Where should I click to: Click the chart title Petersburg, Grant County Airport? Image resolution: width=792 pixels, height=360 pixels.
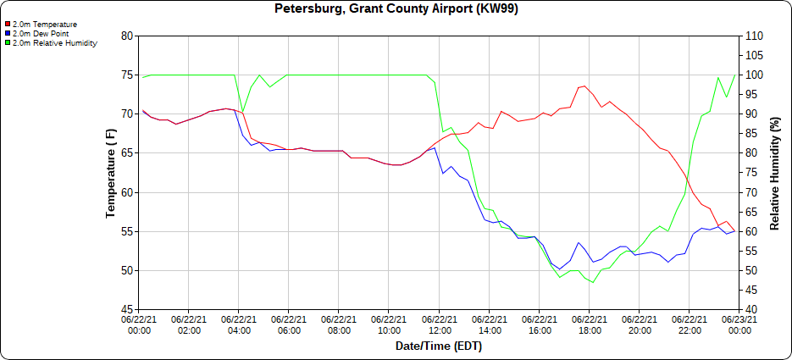396,9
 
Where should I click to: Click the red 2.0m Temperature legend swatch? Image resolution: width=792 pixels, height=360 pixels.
8,25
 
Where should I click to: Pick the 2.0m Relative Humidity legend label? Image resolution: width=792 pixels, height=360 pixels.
55,42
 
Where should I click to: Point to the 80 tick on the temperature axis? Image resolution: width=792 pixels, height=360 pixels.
127,36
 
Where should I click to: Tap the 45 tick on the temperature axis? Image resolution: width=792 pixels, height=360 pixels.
127,310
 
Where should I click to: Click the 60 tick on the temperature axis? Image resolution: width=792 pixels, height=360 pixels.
127,192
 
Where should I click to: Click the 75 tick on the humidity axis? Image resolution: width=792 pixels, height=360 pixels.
751,173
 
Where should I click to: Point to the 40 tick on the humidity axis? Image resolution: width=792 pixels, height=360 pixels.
751,310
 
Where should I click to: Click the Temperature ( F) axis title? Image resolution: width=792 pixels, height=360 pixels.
110,173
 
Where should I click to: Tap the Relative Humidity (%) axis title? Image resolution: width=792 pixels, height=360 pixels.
774,173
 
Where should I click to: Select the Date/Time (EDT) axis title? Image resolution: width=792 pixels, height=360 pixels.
439,346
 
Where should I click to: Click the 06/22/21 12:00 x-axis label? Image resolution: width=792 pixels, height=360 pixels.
439,326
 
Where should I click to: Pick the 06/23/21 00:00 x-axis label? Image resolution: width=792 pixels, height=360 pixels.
739,326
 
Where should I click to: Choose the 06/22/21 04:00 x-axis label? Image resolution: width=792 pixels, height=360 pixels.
239,326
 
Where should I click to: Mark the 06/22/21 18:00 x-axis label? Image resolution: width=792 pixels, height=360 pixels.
589,326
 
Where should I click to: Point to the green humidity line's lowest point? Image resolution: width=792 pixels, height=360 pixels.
593,282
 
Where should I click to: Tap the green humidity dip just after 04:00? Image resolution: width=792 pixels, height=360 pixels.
243,112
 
